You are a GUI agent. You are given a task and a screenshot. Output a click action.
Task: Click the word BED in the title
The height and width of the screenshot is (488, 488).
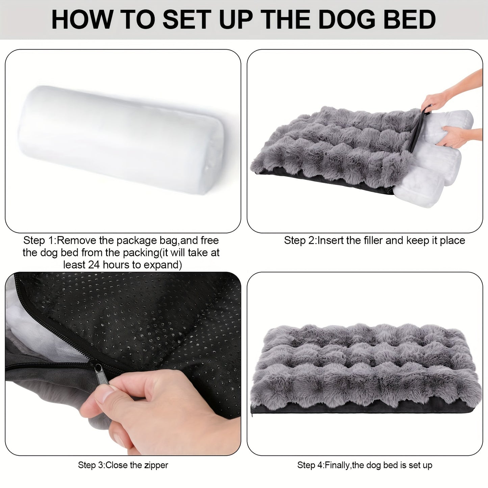coord(410,20)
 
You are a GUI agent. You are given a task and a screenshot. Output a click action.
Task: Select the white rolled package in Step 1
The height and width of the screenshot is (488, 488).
coord(122,138)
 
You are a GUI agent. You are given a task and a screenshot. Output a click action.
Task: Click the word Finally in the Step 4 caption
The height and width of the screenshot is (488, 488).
coord(338,465)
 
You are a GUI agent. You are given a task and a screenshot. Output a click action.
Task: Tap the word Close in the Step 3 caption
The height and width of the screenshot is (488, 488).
coord(117,465)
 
